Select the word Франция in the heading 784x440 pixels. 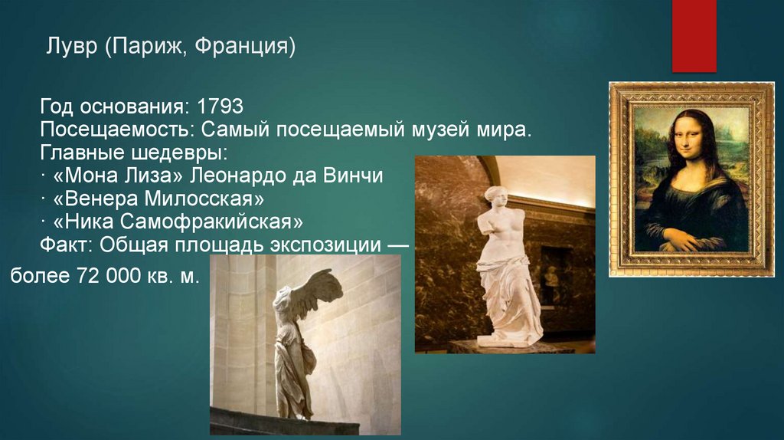244,49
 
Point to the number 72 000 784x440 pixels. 106,275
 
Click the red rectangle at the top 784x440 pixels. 694,34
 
